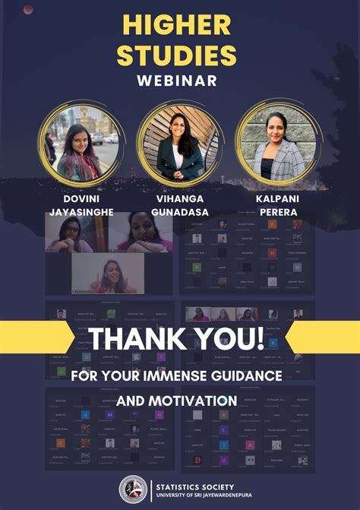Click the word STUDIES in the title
[180, 55]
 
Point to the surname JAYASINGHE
[81, 213]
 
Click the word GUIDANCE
[248, 375]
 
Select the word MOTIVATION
[197, 400]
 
